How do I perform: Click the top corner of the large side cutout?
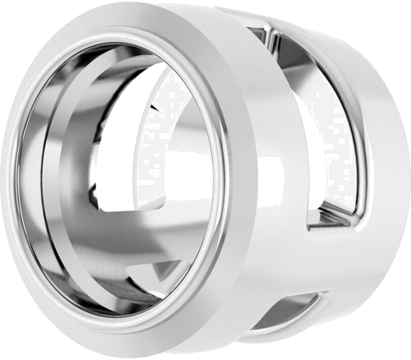pyautogui.click(x=271, y=31)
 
